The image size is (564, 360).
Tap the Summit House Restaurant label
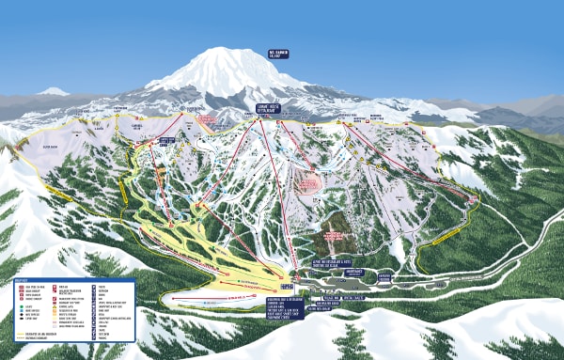tap(271, 110)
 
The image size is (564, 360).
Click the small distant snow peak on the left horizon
tap(53, 91)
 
